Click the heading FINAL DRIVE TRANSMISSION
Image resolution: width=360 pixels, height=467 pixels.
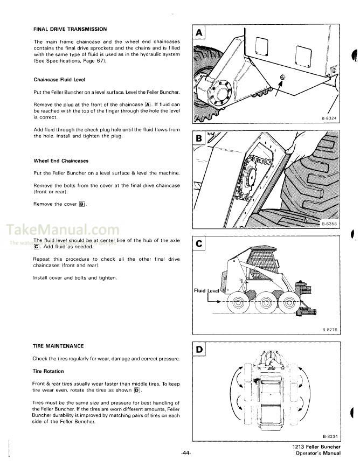70,29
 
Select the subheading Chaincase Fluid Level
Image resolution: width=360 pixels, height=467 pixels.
59,79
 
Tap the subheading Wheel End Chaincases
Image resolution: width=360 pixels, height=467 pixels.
61,161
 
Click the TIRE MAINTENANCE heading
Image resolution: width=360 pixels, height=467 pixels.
58,346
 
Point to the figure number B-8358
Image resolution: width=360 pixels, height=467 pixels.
328,225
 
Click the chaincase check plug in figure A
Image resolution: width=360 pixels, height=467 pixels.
283,79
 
